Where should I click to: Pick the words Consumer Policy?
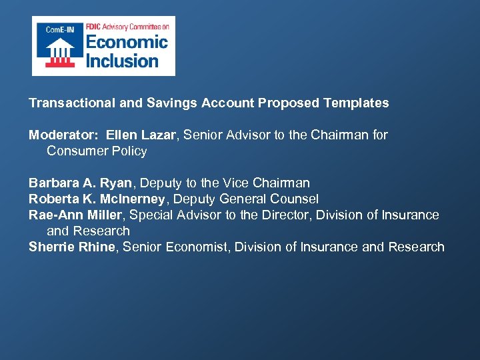click(97, 151)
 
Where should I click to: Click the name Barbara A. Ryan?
click(80, 183)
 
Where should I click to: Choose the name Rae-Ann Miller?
click(75, 215)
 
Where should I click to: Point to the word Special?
click(152, 215)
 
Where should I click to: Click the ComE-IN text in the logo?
click(59, 29)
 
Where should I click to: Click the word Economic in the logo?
click(126, 43)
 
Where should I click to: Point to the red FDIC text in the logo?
click(93, 27)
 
